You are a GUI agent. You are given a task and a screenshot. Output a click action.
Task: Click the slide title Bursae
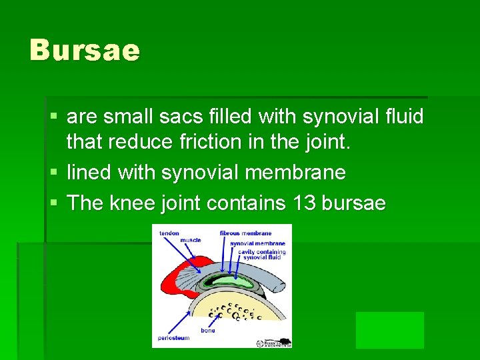[x=85, y=50]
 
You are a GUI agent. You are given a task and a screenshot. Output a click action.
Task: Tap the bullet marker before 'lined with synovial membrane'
[x=54, y=173]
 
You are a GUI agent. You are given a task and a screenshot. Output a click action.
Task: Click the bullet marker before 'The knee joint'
[x=54, y=203]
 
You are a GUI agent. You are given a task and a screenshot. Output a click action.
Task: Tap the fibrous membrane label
[x=245, y=233]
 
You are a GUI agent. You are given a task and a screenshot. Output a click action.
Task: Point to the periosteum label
[x=173, y=338]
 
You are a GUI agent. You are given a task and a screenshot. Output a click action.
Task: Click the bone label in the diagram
[x=208, y=331]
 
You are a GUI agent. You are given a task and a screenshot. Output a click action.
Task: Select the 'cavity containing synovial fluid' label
[x=264, y=254]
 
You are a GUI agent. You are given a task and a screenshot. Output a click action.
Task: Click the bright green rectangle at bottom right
[x=390, y=330]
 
